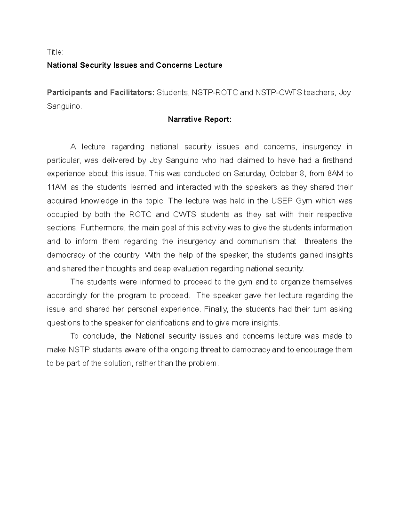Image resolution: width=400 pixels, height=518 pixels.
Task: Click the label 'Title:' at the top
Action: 55,52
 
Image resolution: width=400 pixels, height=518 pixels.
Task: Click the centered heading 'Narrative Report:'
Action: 199,119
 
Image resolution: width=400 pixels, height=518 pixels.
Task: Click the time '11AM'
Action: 57,187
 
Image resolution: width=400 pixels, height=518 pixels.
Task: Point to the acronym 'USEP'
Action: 279,201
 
